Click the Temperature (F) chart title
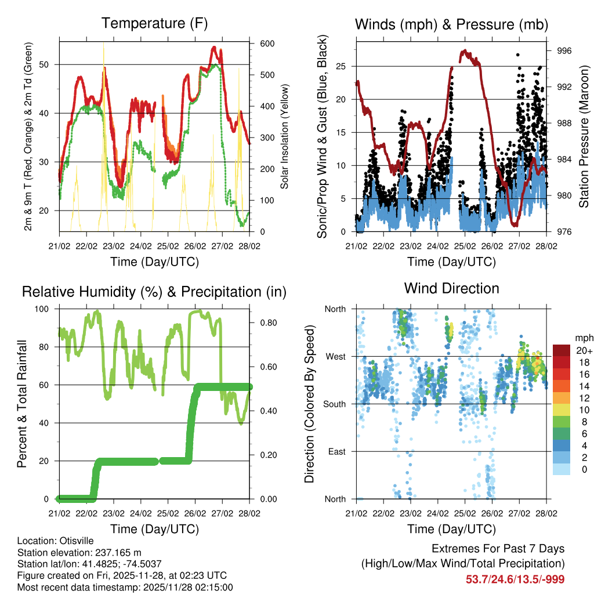click(x=154, y=24)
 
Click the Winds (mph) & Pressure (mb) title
click(x=451, y=24)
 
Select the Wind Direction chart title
click(x=451, y=288)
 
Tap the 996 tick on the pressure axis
click(x=564, y=51)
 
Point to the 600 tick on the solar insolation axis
click(x=267, y=44)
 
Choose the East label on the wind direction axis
click(x=336, y=451)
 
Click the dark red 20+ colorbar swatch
click(x=563, y=350)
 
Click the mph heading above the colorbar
click(x=583, y=338)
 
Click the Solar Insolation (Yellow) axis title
click(x=285, y=136)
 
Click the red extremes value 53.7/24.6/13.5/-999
click(x=515, y=579)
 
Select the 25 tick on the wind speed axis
click(x=343, y=66)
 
